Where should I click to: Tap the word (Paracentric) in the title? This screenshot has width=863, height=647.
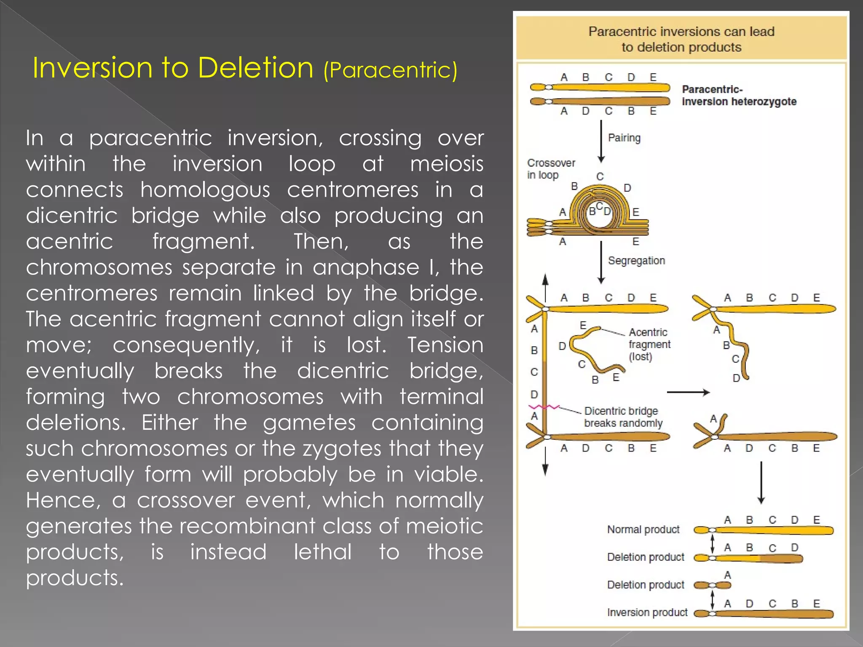click(x=390, y=70)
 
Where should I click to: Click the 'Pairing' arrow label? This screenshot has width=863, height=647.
click(x=624, y=138)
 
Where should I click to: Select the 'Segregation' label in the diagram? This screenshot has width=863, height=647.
click(x=636, y=261)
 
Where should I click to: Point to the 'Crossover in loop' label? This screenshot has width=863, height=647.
click(x=551, y=169)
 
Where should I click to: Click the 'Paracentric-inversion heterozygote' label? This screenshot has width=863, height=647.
click(x=739, y=96)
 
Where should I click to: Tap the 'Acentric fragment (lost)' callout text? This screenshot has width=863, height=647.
click(x=649, y=345)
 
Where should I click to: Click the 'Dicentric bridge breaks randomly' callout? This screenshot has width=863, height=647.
click(x=623, y=417)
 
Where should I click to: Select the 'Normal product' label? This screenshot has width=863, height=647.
click(x=643, y=529)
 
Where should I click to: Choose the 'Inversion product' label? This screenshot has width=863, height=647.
click(x=647, y=612)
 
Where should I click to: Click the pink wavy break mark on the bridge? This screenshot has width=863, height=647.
click(x=544, y=407)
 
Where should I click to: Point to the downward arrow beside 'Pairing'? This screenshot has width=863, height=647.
click(x=601, y=141)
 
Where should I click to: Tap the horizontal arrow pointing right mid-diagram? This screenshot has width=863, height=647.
click(x=688, y=393)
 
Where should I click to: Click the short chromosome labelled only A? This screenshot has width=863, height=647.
click(x=712, y=585)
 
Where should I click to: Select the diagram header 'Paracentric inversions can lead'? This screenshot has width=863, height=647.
click(x=681, y=32)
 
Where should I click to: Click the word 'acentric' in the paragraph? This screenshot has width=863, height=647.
click(x=70, y=241)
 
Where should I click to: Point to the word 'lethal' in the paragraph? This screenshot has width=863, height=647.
click(x=322, y=552)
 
